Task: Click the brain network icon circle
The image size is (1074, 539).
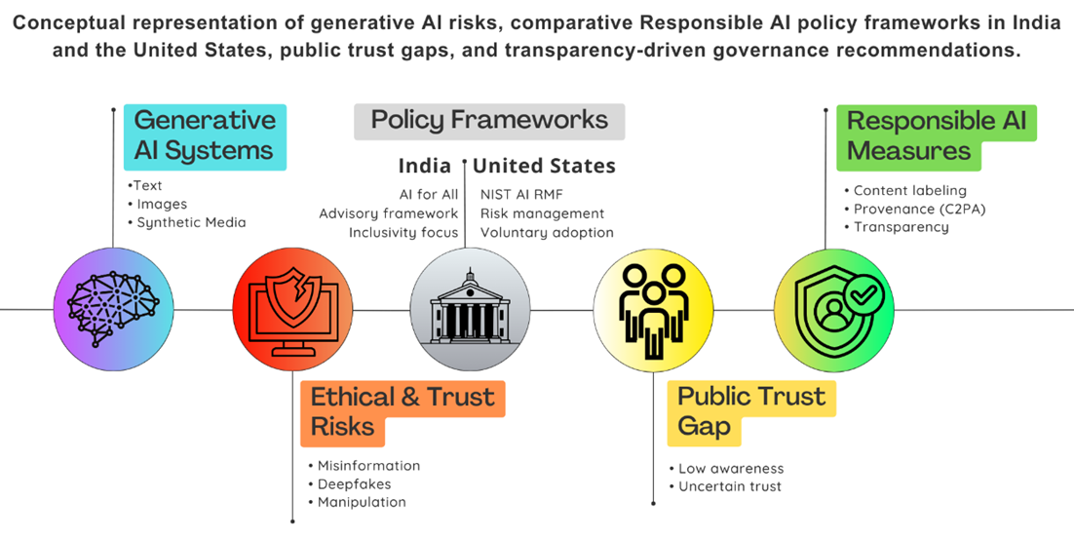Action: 113,310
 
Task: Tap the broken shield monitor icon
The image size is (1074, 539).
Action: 292,310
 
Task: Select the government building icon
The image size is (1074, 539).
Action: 470,310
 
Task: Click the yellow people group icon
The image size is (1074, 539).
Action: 653,310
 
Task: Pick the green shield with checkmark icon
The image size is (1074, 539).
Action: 834,310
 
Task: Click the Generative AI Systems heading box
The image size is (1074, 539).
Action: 205,137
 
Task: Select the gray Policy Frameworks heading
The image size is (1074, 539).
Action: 489,121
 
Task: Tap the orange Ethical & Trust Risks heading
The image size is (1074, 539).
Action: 403,412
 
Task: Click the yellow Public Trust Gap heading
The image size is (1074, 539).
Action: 751,412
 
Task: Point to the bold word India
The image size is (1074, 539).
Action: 425,166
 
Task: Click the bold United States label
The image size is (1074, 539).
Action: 545,166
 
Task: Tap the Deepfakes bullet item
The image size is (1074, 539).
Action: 350,484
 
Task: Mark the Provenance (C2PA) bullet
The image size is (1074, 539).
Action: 915,210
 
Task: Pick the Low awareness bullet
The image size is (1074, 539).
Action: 727,469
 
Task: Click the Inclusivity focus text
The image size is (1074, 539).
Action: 403,233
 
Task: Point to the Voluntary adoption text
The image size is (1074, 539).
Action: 548,233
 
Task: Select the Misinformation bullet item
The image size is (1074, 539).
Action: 364,466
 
